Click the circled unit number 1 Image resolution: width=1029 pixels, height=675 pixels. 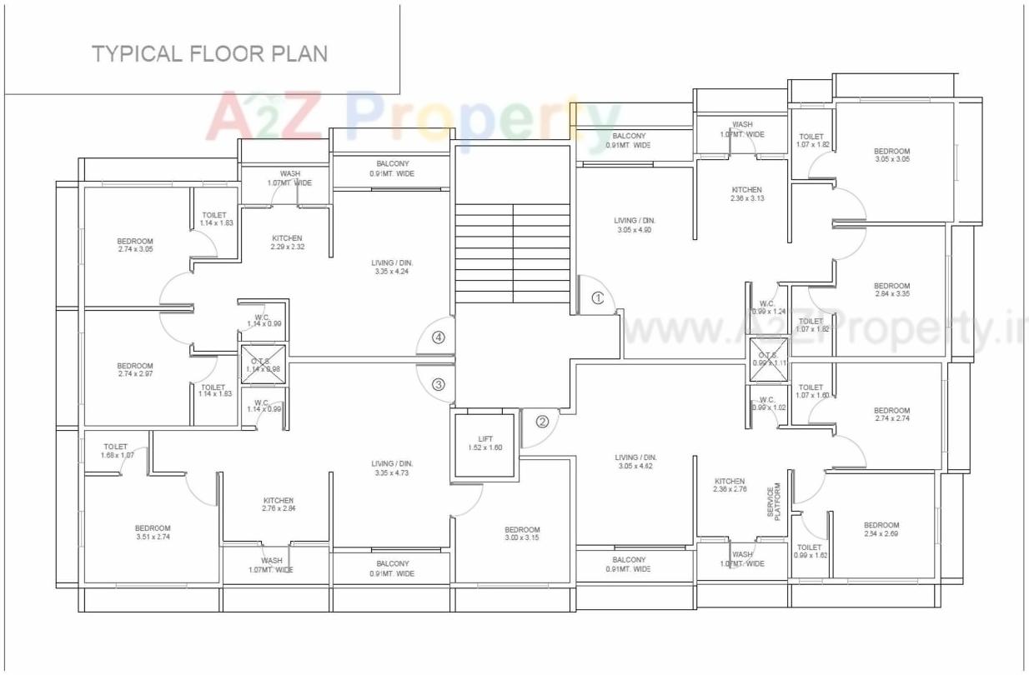coord(597,297)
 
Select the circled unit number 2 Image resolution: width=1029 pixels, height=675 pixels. coord(542,422)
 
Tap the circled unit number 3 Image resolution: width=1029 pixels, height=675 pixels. coord(439,385)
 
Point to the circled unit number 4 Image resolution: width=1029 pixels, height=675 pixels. coord(439,337)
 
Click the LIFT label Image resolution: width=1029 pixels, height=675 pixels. coord(485,442)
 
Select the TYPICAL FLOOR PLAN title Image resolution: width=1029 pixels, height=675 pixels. coord(209,54)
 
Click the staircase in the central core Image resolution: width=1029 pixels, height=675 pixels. coord(512,253)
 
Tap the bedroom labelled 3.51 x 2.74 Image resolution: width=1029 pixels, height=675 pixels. coord(153,532)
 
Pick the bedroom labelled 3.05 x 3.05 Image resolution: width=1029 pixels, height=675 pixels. coord(892,154)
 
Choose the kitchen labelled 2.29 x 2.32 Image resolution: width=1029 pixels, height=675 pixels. coord(287,242)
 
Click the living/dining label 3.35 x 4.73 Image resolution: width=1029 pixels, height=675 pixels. coord(392,468)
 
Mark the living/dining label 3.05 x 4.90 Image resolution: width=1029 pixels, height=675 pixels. coord(635,225)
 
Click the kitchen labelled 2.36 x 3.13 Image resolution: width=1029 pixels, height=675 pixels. coord(746,194)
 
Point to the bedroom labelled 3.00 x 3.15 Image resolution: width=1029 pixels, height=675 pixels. coord(522,533)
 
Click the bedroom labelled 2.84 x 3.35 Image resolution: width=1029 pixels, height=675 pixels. coord(892,289)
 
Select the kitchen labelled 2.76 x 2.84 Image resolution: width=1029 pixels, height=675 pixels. coord(278,504)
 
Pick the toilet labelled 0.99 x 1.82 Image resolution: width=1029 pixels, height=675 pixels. coord(810,551)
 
